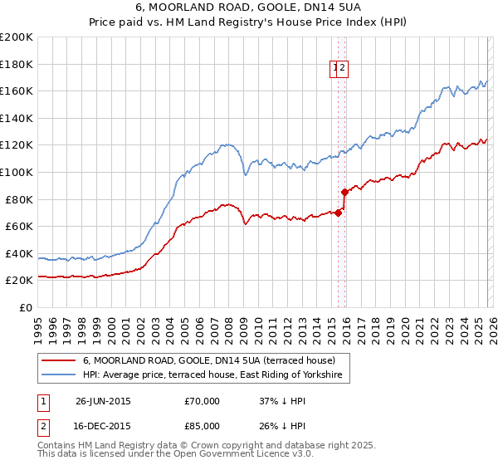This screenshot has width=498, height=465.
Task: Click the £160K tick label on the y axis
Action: click(x=17, y=91)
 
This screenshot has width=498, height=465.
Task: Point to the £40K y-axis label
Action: click(x=19, y=253)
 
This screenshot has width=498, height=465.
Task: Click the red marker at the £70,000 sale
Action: click(x=338, y=213)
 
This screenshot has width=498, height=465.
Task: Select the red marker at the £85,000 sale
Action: click(x=344, y=192)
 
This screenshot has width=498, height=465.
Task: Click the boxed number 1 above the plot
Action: click(x=336, y=69)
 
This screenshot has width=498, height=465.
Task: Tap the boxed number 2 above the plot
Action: click(x=343, y=69)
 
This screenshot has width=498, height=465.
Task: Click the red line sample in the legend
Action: click(x=59, y=361)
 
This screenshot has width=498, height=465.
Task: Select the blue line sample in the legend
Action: click(x=59, y=376)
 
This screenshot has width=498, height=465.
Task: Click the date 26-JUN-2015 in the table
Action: click(x=103, y=401)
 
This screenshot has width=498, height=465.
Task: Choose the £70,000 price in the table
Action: click(x=203, y=401)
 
